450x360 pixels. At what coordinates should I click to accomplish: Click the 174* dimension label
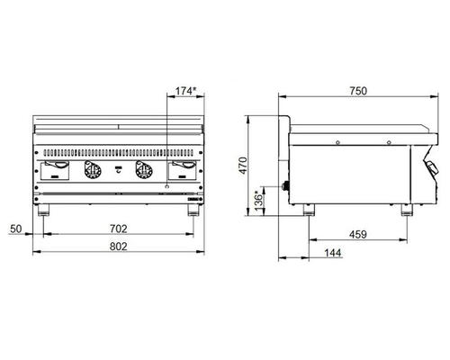(185, 91)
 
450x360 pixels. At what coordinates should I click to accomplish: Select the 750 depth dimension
(358, 91)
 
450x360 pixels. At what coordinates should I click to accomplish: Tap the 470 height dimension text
(243, 166)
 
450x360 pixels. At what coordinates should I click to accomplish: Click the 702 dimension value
(119, 229)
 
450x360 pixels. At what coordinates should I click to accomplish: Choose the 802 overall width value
(119, 247)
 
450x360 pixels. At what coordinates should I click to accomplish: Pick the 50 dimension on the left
(16, 229)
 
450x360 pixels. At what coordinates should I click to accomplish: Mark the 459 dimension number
(358, 234)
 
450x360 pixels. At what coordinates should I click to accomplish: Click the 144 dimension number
(333, 253)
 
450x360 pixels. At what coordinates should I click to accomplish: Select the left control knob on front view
(93, 170)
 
